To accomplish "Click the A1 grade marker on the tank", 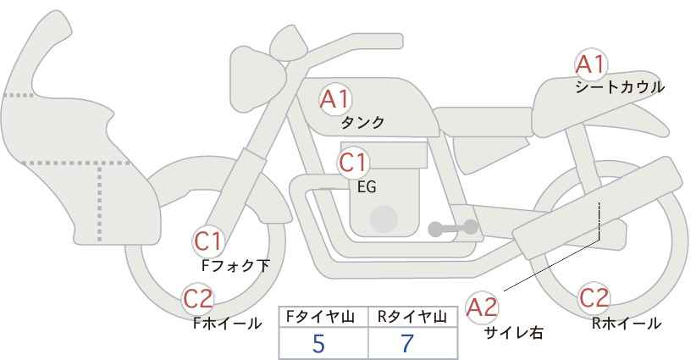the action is tap(335, 99).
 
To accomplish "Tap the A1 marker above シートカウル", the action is tap(591, 64).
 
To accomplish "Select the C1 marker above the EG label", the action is tap(353, 163).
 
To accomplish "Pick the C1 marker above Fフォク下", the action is tap(208, 242).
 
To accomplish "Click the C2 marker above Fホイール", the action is tap(198, 298).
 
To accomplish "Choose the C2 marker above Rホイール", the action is tap(594, 297).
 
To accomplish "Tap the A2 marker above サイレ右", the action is tap(482, 307).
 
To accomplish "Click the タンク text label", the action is tap(362, 122).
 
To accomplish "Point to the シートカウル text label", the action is tap(620, 87).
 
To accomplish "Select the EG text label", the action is tap(367, 187).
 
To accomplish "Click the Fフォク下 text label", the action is tap(235, 265).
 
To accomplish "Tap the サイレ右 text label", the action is tap(514, 332).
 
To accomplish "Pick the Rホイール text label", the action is tap(627, 324).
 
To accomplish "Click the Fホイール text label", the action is tap(227, 324).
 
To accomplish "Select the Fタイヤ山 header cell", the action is tap(323, 317).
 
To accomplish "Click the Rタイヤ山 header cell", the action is tap(413, 317).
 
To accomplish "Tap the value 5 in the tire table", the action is tap(318, 343).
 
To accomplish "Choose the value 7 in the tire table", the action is tap(407, 343).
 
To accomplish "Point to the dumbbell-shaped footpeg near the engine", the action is tap(453, 228).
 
